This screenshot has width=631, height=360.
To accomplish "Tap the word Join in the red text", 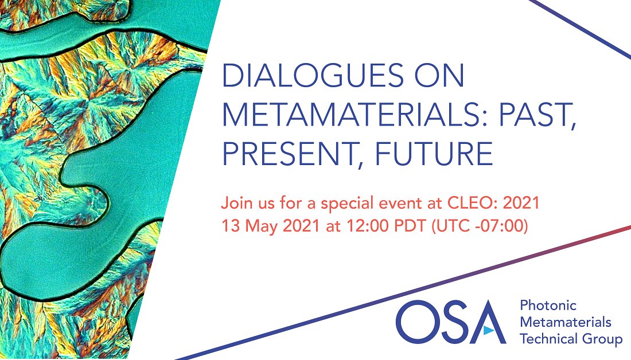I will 235,204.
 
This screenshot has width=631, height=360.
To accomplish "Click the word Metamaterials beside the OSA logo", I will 565,322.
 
